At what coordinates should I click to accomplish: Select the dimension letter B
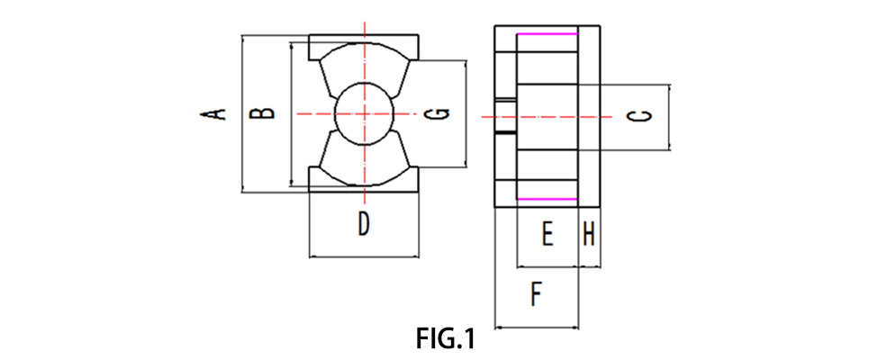(x=261, y=113)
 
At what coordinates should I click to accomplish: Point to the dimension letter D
(x=363, y=224)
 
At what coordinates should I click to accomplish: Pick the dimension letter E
(x=546, y=236)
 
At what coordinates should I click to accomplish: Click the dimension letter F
(x=536, y=294)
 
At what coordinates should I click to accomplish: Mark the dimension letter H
(x=589, y=236)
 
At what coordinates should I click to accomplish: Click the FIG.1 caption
(x=445, y=339)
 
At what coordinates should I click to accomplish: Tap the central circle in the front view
(x=364, y=113)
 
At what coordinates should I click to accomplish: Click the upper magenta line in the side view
(x=547, y=34)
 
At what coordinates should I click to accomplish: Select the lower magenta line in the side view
(x=547, y=199)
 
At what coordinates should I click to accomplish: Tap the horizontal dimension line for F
(x=537, y=328)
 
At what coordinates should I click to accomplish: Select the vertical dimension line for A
(x=243, y=113)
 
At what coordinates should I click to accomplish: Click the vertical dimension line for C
(x=671, y=117)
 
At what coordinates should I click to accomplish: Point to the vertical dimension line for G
(x=466, y=113)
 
